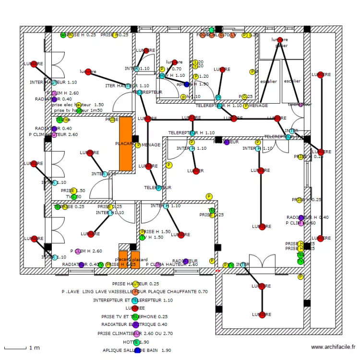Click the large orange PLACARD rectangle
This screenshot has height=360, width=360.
pyautogui.click(x=126, y=144)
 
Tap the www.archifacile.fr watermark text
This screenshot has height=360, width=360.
pyautogui.click(x=333, y=347)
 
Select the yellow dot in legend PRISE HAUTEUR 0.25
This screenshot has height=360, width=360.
pyautogui.click(x=136, y=284)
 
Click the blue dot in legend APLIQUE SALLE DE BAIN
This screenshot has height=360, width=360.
pyautogui.click(x=138, y=350)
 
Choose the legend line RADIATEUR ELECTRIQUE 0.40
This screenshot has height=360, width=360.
pyautogui.click(x=134, y=325)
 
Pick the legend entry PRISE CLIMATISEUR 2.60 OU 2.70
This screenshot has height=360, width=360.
pyautogui.click(x=135, y=333)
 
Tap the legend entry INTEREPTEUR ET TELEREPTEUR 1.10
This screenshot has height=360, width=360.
pyautogui.click(x=133, y=300)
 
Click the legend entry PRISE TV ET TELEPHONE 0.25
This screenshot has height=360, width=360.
pyautogui.click(x=134, y=317)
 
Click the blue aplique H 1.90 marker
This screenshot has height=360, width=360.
pyautogui.click(x=187, y=84)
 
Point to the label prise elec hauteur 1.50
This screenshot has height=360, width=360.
pyautogui.click(x=78, y=104)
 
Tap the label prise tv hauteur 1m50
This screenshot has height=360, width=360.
pyautogui.click(x=77, y=110)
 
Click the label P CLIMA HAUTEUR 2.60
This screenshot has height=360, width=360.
pyautogui.click(x=174, y=264)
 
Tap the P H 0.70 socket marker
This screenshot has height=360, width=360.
pyautogui.click(x=163, y=69)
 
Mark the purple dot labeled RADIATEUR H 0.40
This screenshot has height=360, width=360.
pyautogui.click(x=301, y=218)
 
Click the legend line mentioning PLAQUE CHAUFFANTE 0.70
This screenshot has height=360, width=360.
pyautogui.click(x=134, y=291)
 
